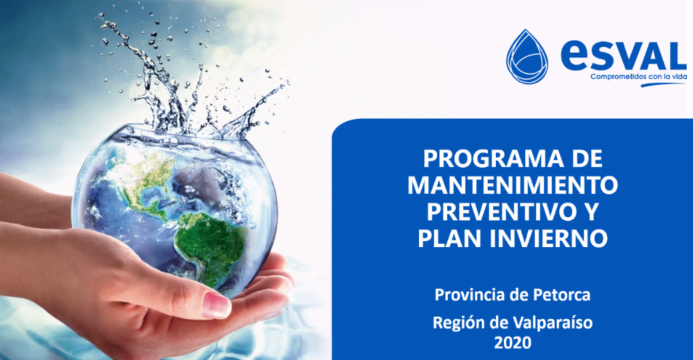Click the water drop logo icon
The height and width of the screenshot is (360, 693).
[x=527, y=57]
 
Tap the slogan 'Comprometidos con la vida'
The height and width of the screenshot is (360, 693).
[x=639, y=77]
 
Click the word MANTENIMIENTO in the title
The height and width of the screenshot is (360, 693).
[x=513, y=186]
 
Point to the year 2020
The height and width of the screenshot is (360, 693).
[x=513, y=343]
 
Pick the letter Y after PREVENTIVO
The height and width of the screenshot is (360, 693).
[x=589, y=212]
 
